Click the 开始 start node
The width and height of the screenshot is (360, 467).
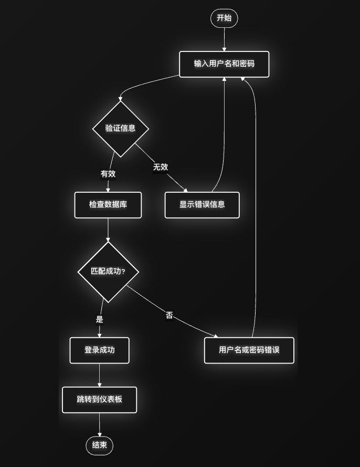coord(224,18)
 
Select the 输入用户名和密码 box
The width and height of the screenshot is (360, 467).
coord(224,64)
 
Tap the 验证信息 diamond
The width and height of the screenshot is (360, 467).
coord(121,129)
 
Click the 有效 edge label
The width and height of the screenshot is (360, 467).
coord(108,173)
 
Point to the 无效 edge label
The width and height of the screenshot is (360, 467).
coord(161,167)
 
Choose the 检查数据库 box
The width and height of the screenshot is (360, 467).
coord(108,205)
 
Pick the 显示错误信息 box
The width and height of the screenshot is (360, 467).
coord(202,205)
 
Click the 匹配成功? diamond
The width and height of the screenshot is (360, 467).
coord(108,272)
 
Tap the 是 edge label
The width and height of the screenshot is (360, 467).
coord(100,319)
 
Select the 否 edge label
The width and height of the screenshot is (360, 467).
coord(169,316)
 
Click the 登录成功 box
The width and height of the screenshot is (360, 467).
coord(99,350)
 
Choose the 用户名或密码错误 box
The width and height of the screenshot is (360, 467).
coord(249,350)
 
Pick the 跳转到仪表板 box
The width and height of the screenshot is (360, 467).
coord(99,400)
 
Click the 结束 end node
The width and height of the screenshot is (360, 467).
coord(99,446)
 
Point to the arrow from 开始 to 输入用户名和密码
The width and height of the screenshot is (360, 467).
coord(224,39)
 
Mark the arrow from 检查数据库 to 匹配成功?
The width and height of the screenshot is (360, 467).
coord(108,230)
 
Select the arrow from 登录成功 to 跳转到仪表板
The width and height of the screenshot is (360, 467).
coord(99,375)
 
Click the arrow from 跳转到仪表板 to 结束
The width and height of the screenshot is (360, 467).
coord(99,425)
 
